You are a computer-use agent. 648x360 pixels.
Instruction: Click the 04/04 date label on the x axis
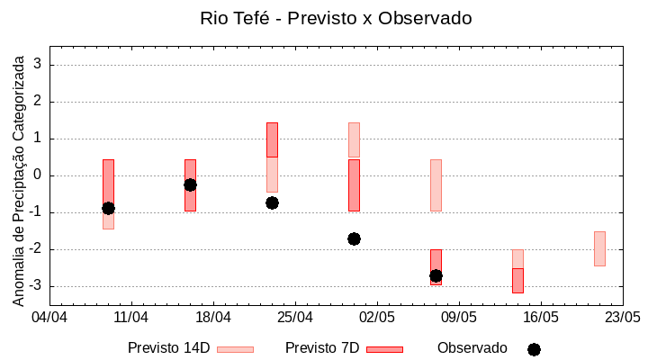49,318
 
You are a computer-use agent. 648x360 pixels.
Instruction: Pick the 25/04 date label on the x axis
295,318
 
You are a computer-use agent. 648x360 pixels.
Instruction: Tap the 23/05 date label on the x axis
622,318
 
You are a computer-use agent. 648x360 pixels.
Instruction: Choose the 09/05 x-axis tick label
458,318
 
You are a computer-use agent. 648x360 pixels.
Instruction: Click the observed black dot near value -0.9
108,208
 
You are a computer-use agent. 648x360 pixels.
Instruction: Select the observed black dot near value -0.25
190,184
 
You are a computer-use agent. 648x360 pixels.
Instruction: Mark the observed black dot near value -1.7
354,238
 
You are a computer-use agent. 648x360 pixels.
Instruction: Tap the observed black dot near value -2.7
436,275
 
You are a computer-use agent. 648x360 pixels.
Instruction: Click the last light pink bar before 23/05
599,248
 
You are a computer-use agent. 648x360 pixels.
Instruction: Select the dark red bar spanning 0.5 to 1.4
272,139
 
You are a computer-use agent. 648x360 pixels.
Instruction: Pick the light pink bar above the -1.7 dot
354,139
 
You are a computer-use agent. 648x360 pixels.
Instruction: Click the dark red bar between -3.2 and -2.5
517,280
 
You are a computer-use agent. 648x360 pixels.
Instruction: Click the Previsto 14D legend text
168,347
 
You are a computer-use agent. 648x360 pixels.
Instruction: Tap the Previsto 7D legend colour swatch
384,349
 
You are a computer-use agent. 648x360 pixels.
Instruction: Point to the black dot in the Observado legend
534,349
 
